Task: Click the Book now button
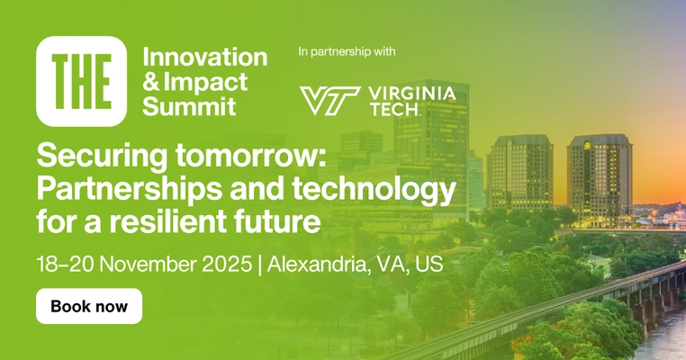click(89, 306)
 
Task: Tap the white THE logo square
click(81, 81)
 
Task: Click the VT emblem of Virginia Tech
click(329, 100)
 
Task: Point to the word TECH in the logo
click(393, 110)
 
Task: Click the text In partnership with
click(347, 51)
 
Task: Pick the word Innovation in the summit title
click(205, 58)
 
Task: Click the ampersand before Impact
click(150, 82)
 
